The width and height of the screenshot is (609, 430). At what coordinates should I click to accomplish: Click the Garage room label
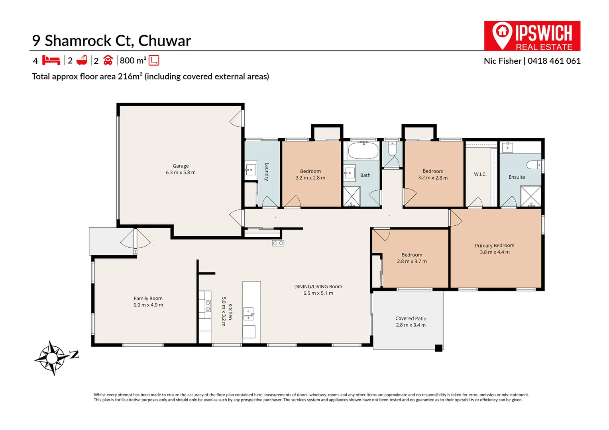pos(181,166)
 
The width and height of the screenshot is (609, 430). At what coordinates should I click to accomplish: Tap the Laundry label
pos(267,172)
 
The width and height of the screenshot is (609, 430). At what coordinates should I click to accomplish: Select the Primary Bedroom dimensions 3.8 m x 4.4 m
pos(495,252)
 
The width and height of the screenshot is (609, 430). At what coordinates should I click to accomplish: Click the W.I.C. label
pos(480,174)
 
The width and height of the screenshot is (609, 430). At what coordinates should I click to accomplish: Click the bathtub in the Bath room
pos(363,150)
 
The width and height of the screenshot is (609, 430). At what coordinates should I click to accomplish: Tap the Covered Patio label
pos(411,319)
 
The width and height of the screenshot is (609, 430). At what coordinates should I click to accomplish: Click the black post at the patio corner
pos(438,348)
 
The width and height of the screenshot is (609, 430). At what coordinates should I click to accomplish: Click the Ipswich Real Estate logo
pos(532,36)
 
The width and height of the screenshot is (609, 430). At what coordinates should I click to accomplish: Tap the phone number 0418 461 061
pos(554,61)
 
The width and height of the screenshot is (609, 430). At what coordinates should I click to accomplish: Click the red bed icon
pos(51,60)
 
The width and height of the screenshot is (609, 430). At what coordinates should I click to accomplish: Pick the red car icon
pos(108,60)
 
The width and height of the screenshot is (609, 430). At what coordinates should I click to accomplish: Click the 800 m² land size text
pos(133,60)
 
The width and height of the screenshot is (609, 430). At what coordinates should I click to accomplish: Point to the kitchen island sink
pos(248,314)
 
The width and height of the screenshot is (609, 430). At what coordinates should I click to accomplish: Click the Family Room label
pos(148,298)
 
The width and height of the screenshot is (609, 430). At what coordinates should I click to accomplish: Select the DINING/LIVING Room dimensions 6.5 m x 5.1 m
pos(318,293)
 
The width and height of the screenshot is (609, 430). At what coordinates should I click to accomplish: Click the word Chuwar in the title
pos(165,41)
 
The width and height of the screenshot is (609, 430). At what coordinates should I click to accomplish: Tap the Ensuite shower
pos(530,196)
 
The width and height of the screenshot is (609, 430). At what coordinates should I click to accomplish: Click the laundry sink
pos(251,170)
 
